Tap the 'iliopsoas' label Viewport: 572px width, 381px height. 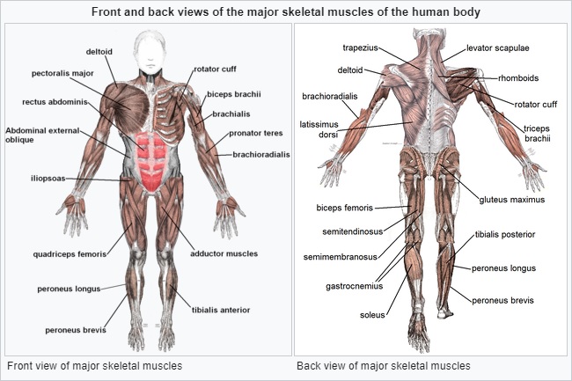pyautogui.click(x=46, y=179)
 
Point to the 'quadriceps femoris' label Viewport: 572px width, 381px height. pyautogui.click(x=70, y=253)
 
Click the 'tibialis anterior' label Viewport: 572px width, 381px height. pyautogui.click(x=221, y=310)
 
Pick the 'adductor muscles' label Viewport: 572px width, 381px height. pyautogui.click(x=224, y=253)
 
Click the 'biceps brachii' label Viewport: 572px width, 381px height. pyautogui.click(x=234, y=94)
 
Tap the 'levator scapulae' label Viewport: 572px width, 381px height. pyautogui.click(x=498, y=47)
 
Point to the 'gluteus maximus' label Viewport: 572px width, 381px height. pyautogui.click(x=511, y=200)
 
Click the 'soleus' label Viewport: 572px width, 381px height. pyautogui.click(x=373, y=314)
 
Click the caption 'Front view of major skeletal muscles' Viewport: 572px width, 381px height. pyautogui.click(x=93, y=365)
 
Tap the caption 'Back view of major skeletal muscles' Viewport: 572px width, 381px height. pyautogui.click(x=384, y=365)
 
